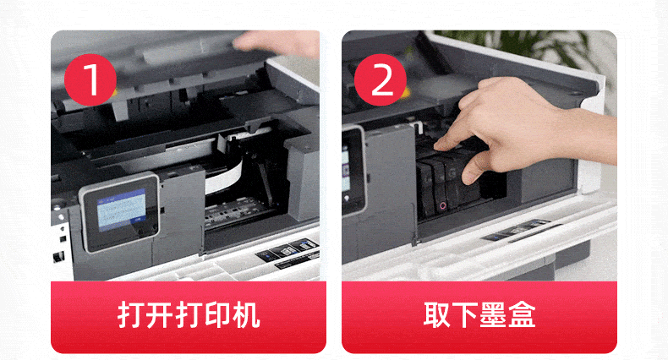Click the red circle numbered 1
point(90,80)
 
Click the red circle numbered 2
point(381,80)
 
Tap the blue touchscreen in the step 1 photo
point(122,210)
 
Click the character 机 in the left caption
point(245,315)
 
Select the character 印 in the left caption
point(216,315)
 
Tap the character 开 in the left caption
point(160,315)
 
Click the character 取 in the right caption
point(437,315)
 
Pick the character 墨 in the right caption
point(493,315)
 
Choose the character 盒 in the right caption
point(522,315)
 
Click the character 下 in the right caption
point(465,315)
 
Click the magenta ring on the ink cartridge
point(442,207)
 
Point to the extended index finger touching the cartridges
point(455,137)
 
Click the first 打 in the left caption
point(132,315)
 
